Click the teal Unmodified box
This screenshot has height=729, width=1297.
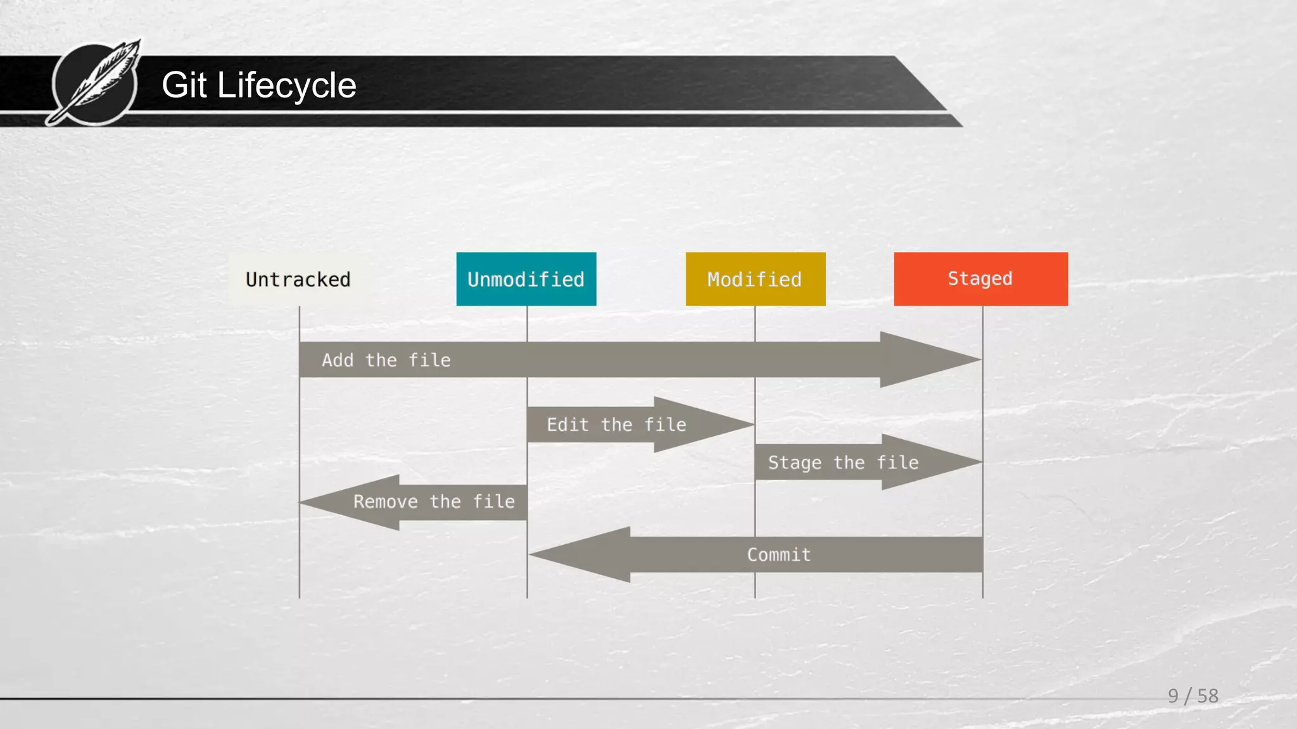click(x=526, y=279)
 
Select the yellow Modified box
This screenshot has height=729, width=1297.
click(x=755, y=279)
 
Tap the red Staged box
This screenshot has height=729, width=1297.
click(x=980, y=279)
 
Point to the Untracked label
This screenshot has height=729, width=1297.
click(x=298, y=280)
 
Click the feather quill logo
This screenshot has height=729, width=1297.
click(x=96, y=83)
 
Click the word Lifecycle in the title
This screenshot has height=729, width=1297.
click(x=286, y=85)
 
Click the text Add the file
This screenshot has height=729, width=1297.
click(x=386, y=360)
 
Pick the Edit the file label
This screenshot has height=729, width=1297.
click(x=616, y=425)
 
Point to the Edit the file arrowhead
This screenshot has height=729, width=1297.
click(x=700, y=424)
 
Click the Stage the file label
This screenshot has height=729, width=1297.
click(x=843, y=463)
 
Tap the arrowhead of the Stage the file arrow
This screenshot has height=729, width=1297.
click(x=928, y=462)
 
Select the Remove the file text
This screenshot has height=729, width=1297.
click(x=434, y=502)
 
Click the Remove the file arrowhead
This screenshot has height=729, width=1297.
click(x=351, y=502)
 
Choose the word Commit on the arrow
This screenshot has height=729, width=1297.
click(x=778, y=555)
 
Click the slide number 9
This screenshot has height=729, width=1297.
click(x=1173, y=696)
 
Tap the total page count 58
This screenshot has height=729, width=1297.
click(x=1208, y=696)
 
